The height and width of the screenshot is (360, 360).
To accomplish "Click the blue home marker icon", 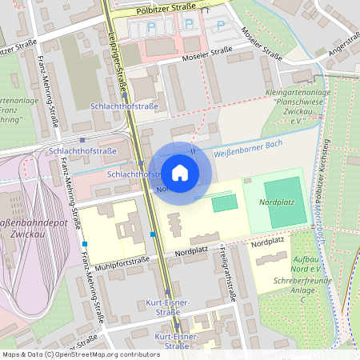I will [x=180, y=173].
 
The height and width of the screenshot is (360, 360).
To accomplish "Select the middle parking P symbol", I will [x=189, y=26].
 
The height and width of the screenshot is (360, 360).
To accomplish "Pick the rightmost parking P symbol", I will [x=220, y=25].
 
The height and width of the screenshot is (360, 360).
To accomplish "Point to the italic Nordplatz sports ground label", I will [x=276, y=202].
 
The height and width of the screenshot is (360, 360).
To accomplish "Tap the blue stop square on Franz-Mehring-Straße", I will [x=84, y=243].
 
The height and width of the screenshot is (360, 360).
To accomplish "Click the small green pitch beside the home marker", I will [x=224, y=203].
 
